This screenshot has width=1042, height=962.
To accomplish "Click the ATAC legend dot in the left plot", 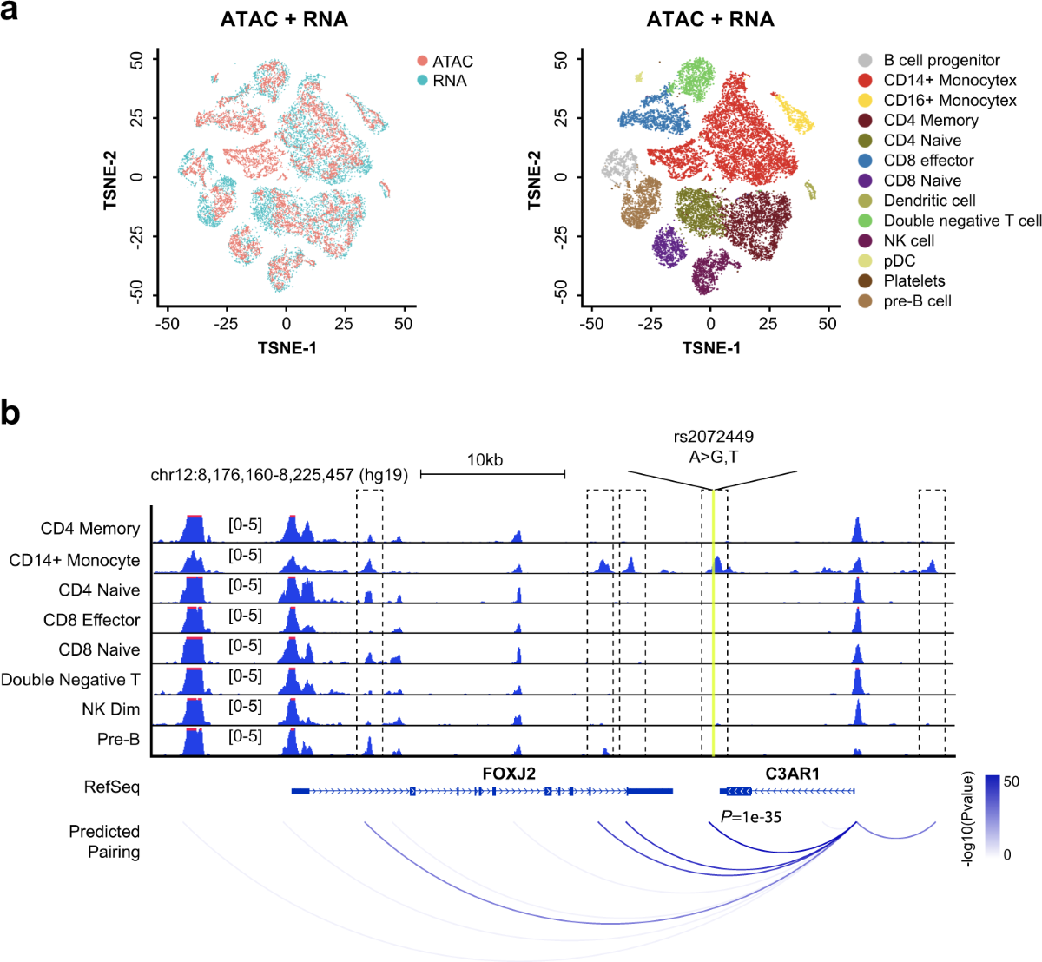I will pos(422,62).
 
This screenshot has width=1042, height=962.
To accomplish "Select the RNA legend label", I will pos(450,81).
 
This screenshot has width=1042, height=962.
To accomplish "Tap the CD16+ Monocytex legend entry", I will pos(950,101).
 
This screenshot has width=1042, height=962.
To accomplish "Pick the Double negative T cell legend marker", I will pos(865,221).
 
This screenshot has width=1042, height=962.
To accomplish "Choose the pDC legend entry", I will pos(899,260).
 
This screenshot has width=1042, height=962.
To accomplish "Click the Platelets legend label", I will pos(914,280).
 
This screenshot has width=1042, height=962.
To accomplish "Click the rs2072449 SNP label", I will pos(714,437).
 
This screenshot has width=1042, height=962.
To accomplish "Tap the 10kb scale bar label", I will pos(485,460).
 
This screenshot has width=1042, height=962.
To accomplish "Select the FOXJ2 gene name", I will pos(509,773).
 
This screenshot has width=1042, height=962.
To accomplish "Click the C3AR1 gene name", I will pos(792,773).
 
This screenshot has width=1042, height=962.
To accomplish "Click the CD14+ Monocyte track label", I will pos(75,560).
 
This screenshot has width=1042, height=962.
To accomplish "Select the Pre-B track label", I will pos(118,740).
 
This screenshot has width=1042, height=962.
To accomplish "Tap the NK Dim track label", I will pos(111,709).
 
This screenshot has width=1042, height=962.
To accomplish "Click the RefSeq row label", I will pos(111,787).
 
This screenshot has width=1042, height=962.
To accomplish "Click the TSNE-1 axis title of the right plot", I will pos(711,348).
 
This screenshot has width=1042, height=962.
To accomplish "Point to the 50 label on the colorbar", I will pos(1012,781).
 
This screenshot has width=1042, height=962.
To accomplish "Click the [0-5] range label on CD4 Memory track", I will pos(245,525).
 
